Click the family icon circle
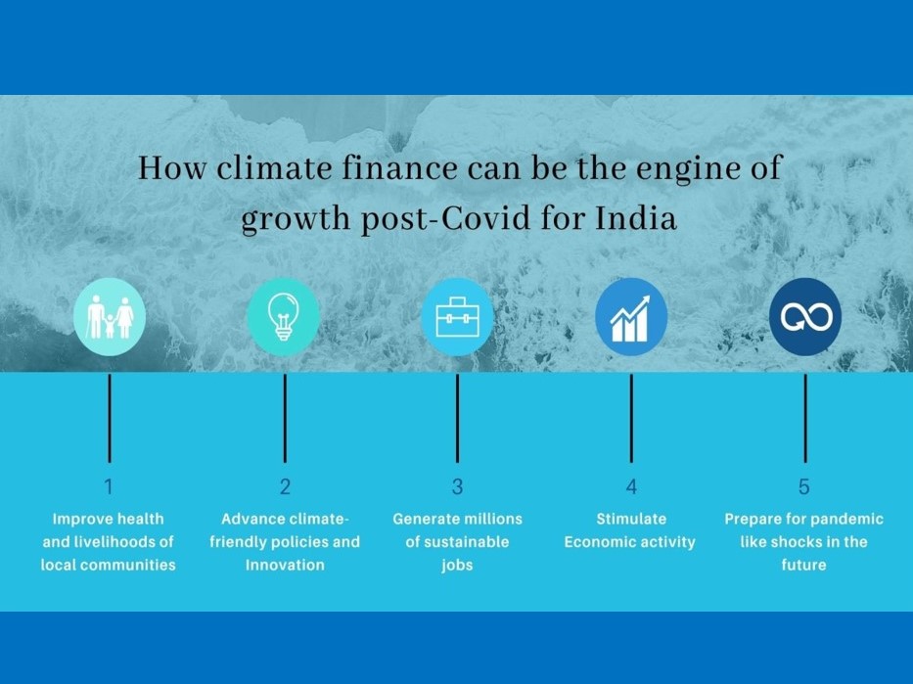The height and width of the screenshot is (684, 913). click(110, 317)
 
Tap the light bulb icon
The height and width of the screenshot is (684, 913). click(283, 317)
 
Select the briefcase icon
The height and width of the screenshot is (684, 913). click(457, 317)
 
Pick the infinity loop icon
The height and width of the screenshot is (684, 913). click(805, 317)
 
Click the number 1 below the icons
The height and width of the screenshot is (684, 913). click(109, 486)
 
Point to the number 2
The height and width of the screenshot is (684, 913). click(285, 486)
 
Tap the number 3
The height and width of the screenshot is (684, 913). click(457, 486)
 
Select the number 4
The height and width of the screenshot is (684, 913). click(631, 486)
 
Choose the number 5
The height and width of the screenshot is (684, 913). click(804, 486)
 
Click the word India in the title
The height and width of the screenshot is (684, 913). click(636, 219)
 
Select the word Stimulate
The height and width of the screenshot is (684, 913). click(631, 519)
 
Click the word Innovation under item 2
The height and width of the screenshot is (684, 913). click(285, 565)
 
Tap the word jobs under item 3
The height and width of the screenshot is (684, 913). click(457, 566)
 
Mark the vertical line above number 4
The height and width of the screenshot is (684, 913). click(631, 418)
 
